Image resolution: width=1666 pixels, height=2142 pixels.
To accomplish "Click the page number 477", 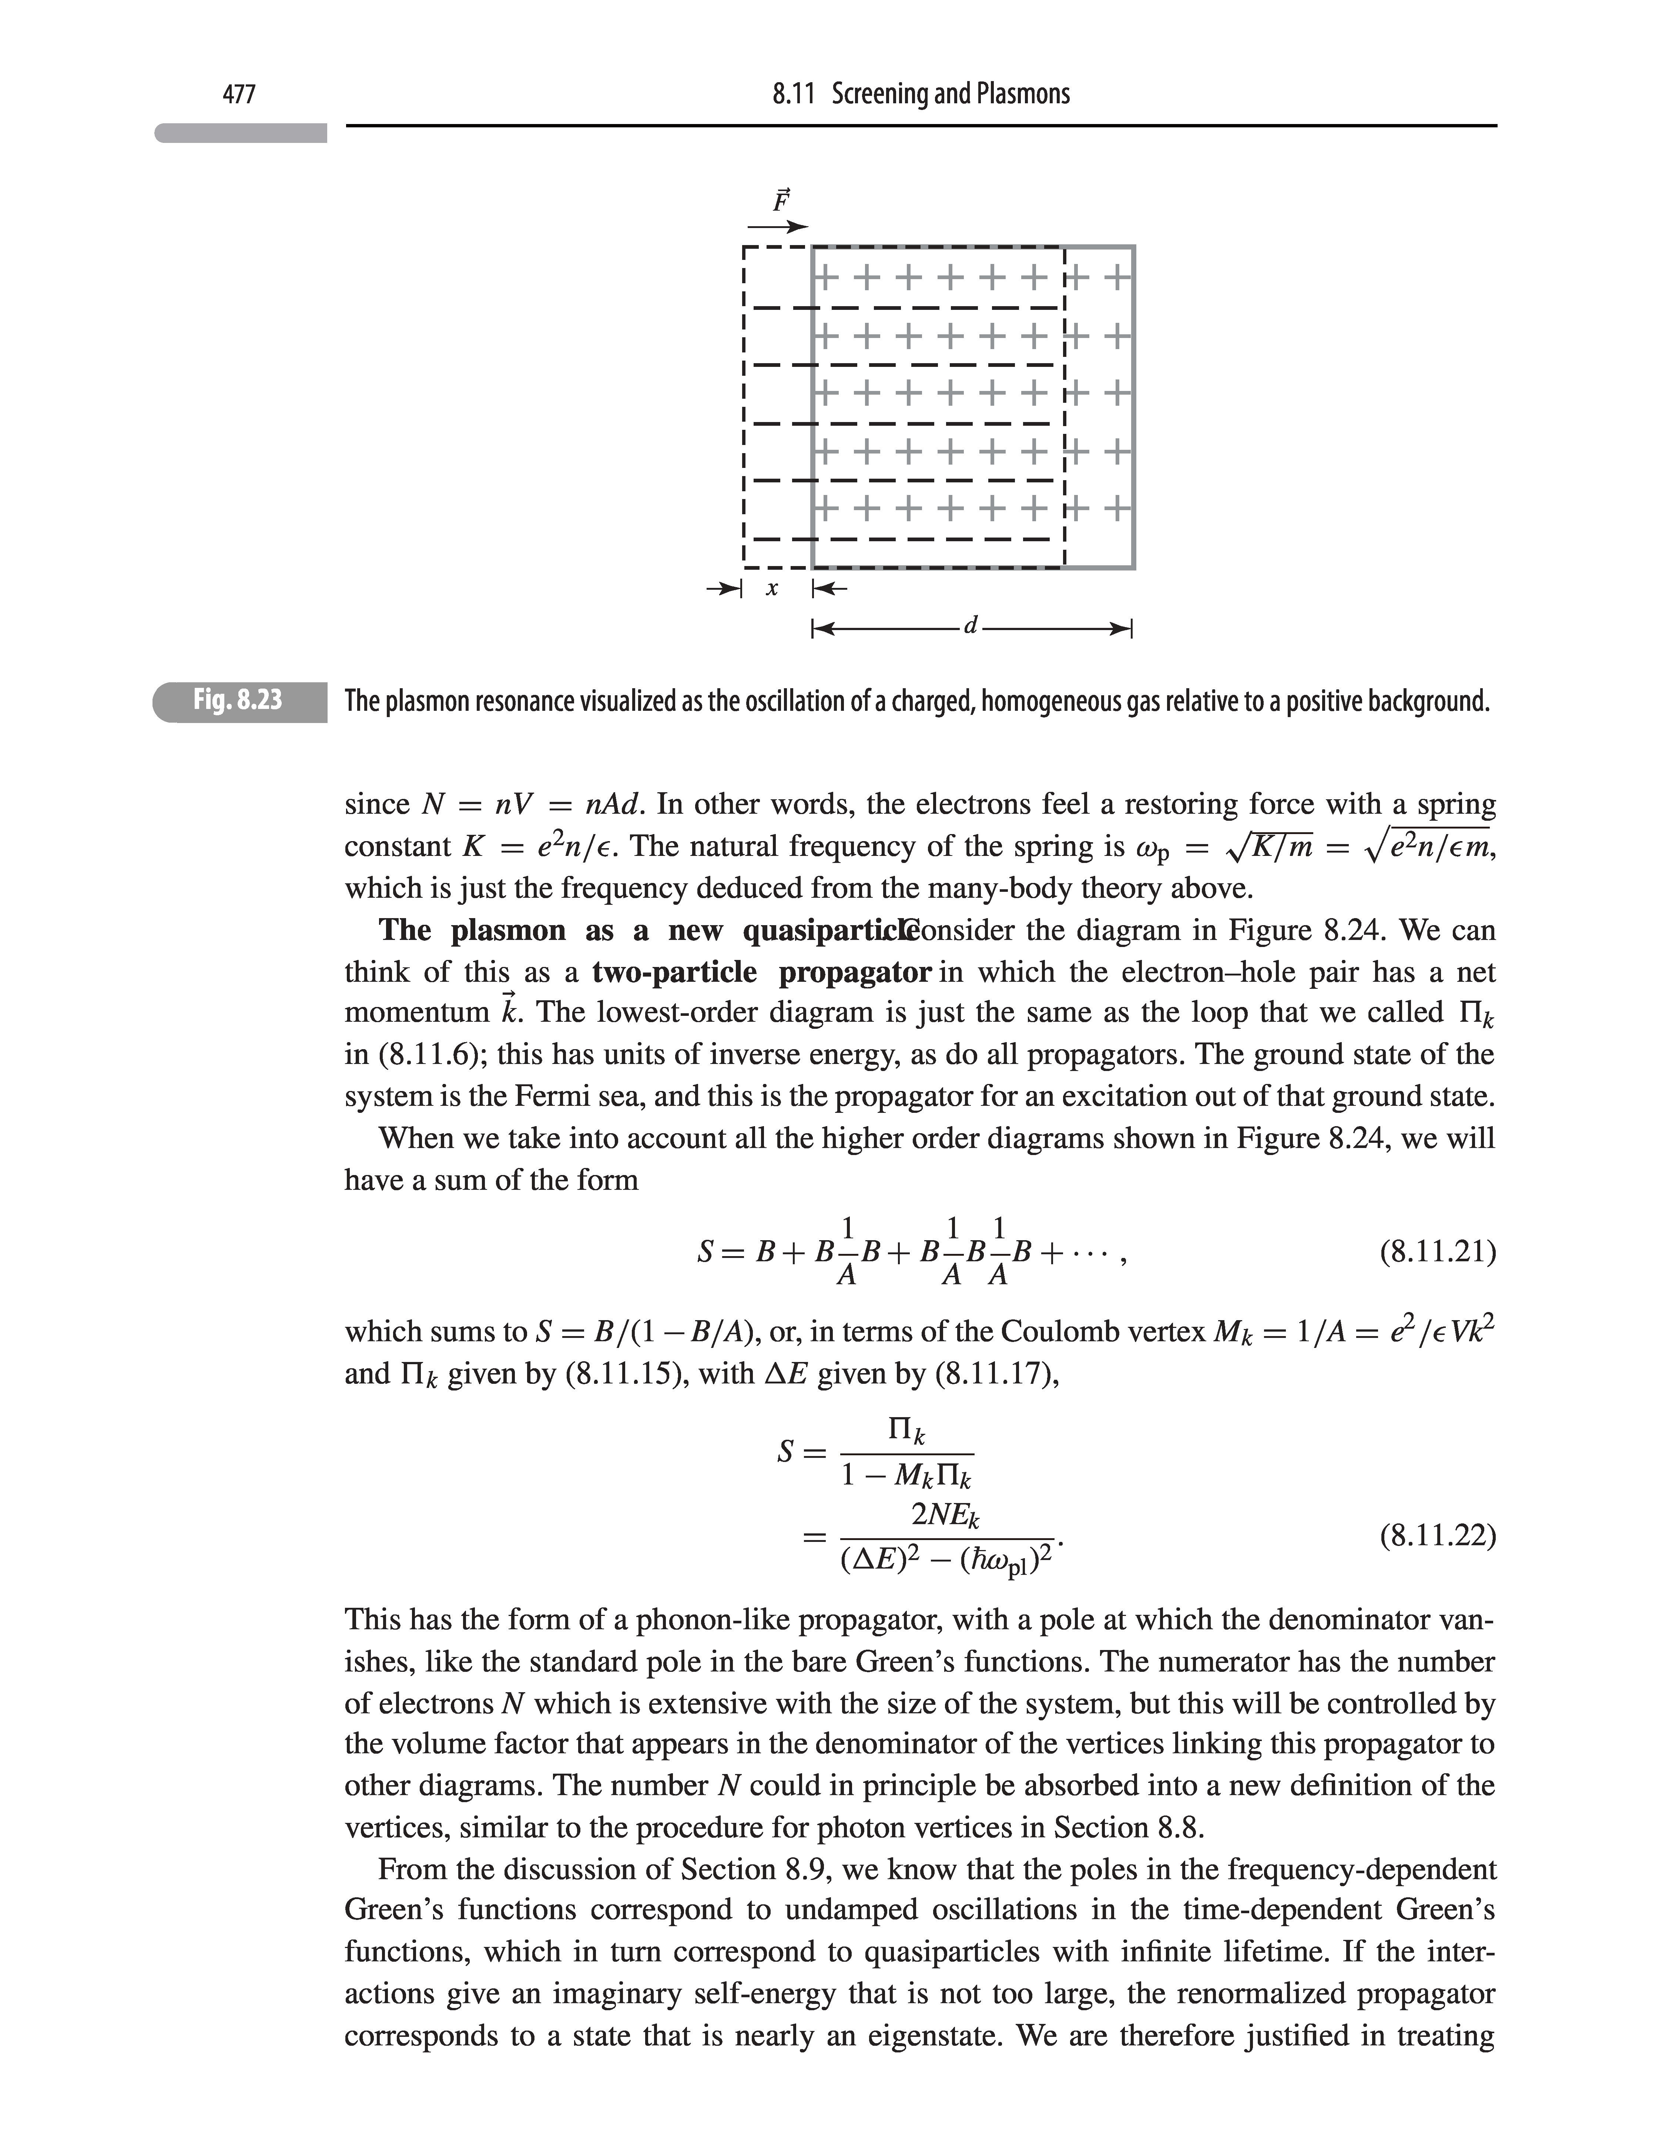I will (239, 94).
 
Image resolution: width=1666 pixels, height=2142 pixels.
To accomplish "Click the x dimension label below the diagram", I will (773, 589).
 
